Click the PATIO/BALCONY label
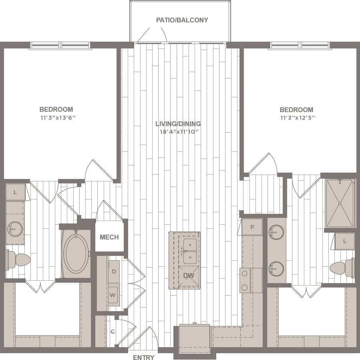click(x=182, y=20)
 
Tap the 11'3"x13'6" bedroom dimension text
click(x=56, y=118)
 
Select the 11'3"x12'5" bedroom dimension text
click(x=296, y=118)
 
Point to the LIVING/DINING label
click(x=178, y=124)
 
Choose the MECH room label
click(x=109, y=237)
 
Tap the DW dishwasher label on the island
click(x=188, y=276)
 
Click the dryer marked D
click(x=114, y=272)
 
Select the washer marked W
click(x=113, y=295)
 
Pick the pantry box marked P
click(x=252, y=227)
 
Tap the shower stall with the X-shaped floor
click(x=340, y=203)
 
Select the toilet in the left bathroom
click(x=18, y=259)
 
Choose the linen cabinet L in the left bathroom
click(x=15, y=193)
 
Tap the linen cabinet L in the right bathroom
click(x=345, y=241)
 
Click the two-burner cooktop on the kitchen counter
click(x=245, y=280)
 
